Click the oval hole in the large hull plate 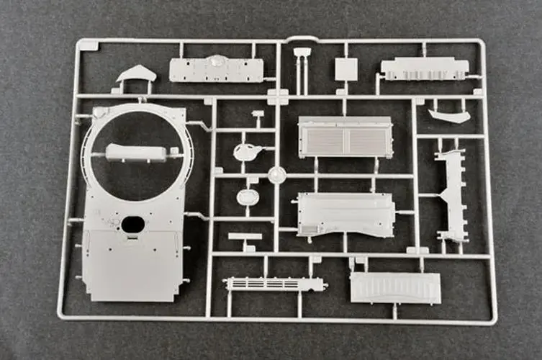pos(132,224)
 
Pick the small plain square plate pos(345,69)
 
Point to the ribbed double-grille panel pos(345,138)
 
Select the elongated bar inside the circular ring pos(135,153)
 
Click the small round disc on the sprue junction pos(276,174)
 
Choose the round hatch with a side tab pos(245,152)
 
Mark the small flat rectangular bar pos(245,236)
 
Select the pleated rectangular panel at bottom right pos(394,288)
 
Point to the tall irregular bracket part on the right pos(451,195)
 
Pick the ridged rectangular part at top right pos(425,68)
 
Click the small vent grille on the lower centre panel pos(307,228)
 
